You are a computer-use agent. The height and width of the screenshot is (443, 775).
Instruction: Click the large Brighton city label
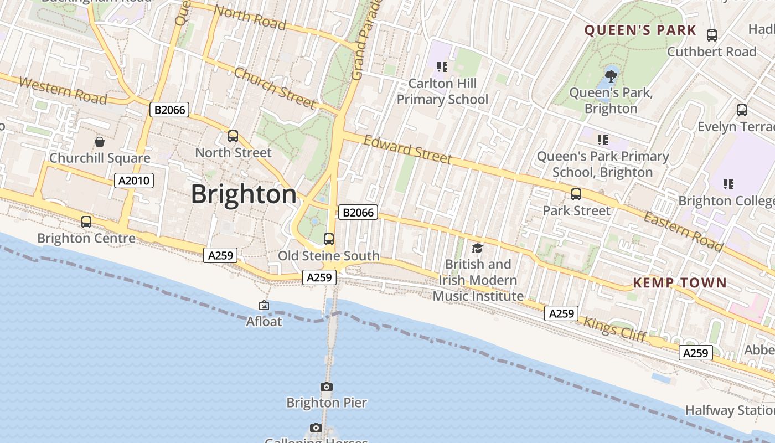pyautogui.click(x=244, y=194)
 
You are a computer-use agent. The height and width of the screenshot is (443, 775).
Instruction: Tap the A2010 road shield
pyautogui.click(x=133, y=181)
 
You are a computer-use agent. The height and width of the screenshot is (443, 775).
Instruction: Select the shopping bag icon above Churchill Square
pyautogui.click(x=100, y=142)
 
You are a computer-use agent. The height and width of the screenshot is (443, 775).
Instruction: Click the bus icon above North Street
pyautogui.click(x=233, y=136)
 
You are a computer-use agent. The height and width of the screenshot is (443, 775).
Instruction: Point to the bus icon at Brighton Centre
pyautogui.click(x=86, y=222)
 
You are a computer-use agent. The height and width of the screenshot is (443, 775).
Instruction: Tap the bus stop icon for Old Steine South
pyautogui.click(x=329, y=239)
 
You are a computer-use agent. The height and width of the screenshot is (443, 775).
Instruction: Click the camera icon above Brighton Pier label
pyautogui.click(x=327, y=387)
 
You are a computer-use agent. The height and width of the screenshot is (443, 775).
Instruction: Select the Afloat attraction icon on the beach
pyautogui.click(x=264, y=305)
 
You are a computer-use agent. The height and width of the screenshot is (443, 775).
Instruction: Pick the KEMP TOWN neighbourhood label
pyautogui.click(x=679, y=283)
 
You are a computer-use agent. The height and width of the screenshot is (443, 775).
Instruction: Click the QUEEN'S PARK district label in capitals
pyautogui.click(x=640, y=30)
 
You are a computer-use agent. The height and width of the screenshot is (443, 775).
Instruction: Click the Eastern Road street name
pyautogui.click(x=683, y=230)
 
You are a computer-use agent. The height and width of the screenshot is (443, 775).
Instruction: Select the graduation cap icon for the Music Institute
pyautogui.click(x=477, y=248)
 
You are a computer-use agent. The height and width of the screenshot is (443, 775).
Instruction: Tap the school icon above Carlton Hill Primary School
pyautogui.click(x=442, y=67)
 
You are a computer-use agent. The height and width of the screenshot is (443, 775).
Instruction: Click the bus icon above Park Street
pyautogui.click(x=576, y=194)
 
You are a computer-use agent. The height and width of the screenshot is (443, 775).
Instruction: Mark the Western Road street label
pyautogui.click(x=63, y=91)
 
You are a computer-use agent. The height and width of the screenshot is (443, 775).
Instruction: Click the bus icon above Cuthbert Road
pyautogui.click(x=712, y=35)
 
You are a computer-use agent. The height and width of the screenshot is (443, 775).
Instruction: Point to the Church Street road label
pyautogui.click(x=275, y=87)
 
